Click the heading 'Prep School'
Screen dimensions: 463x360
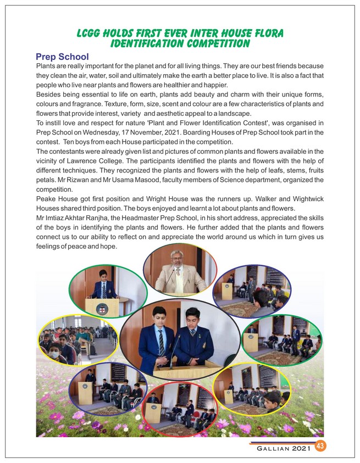tap(62, 57)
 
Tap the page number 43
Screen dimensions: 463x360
tap(320, 447)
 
